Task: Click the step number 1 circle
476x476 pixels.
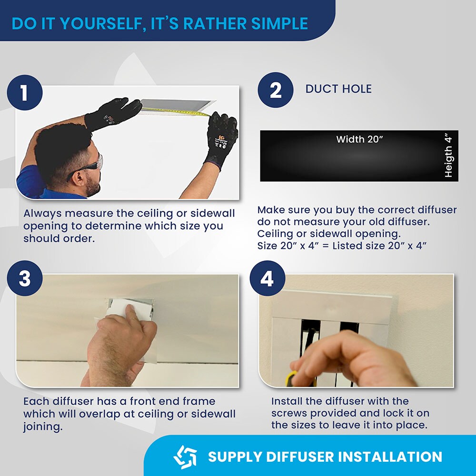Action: [x=25, y=93]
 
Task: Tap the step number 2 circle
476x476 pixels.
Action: [x=275, y=90]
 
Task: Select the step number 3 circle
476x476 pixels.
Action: [x=25, y=278]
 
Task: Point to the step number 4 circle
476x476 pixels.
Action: [x=267, y=278]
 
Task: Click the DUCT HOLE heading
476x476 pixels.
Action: [x=338, y=89]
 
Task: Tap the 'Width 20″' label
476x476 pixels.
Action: [x=359, y=139]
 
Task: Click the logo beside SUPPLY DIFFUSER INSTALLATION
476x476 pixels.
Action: [x=185, y=456]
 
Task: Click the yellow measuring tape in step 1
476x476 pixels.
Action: [x=176, y=111]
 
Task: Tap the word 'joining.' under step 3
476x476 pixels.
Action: [x=43, y=427]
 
